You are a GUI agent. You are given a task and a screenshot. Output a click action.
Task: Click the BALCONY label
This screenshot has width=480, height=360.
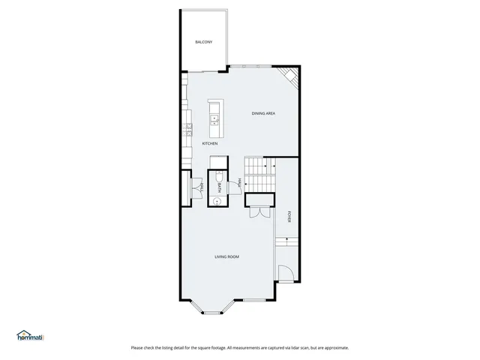pos(203,42)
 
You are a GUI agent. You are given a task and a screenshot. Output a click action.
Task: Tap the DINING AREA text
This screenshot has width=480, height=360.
pos(263,113)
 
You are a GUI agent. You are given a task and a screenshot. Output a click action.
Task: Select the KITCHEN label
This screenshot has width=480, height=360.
pos(210,143)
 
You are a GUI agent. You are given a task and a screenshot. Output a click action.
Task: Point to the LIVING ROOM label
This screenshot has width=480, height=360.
pos(226,257)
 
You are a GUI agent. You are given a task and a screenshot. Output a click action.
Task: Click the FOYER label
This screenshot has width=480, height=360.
pos(289,216)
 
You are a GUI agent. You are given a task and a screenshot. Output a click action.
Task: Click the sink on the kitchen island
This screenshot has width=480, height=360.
pos(215,117)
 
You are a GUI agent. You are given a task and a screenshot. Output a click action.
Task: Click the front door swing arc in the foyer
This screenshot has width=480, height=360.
pos(284,273)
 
